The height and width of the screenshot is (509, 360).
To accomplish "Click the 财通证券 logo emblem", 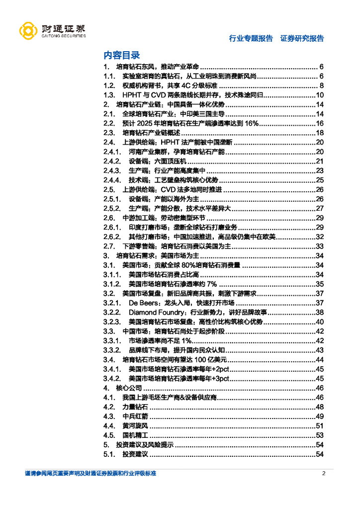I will point(28,31).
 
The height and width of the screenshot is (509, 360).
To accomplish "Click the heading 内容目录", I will point(121,55).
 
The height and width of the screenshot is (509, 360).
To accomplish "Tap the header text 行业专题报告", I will point(251,38).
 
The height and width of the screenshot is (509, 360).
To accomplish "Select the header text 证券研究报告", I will point(302,38).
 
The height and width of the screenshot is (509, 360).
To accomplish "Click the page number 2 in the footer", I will point(323,473).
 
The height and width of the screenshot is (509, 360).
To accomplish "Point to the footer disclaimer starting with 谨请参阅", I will point(90,473).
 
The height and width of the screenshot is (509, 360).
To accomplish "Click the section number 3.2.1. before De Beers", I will point(112,303).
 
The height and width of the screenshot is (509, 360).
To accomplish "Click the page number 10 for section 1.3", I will point(320,95).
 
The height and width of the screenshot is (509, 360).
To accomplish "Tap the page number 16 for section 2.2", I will point(320,123).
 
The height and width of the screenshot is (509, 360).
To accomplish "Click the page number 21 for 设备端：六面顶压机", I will point(320,161).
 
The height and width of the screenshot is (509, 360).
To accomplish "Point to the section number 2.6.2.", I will point(112,237).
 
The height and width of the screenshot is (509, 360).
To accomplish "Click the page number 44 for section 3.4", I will point(320,359).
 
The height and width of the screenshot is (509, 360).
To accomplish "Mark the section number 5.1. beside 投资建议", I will point(109,454).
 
